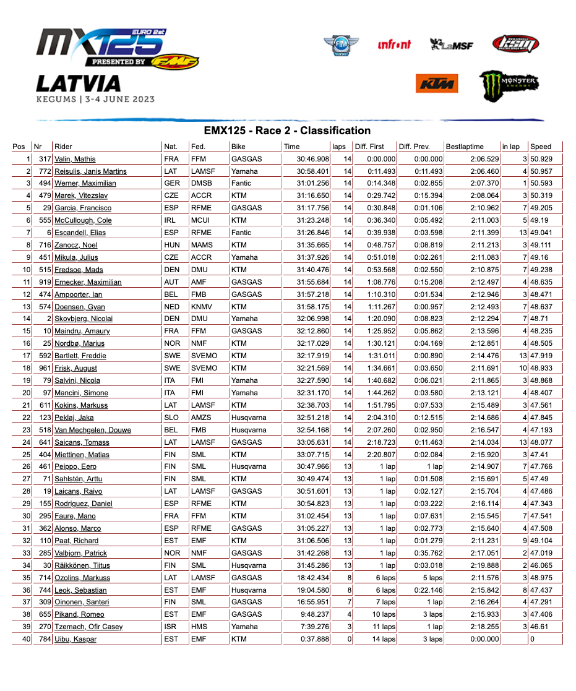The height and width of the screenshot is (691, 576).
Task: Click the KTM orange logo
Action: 437,84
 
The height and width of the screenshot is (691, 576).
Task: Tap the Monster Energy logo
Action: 509,84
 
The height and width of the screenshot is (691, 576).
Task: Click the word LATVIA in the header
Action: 79,84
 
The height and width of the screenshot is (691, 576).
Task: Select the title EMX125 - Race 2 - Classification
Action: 287,131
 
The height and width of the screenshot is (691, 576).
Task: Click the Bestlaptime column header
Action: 465,147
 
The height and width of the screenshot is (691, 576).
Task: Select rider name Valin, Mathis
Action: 75,159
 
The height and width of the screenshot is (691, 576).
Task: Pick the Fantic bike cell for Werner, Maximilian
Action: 241,183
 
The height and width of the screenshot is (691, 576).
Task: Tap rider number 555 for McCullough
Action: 43,220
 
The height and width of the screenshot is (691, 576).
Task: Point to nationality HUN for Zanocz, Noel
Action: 172,245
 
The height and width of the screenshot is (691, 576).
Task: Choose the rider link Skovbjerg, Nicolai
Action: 84,319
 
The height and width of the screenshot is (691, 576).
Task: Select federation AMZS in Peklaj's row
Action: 201,418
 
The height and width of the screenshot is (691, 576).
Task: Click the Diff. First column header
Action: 369,147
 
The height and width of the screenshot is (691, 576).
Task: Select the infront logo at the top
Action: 394,45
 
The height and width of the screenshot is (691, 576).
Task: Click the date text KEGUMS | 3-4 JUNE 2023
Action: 95,99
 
